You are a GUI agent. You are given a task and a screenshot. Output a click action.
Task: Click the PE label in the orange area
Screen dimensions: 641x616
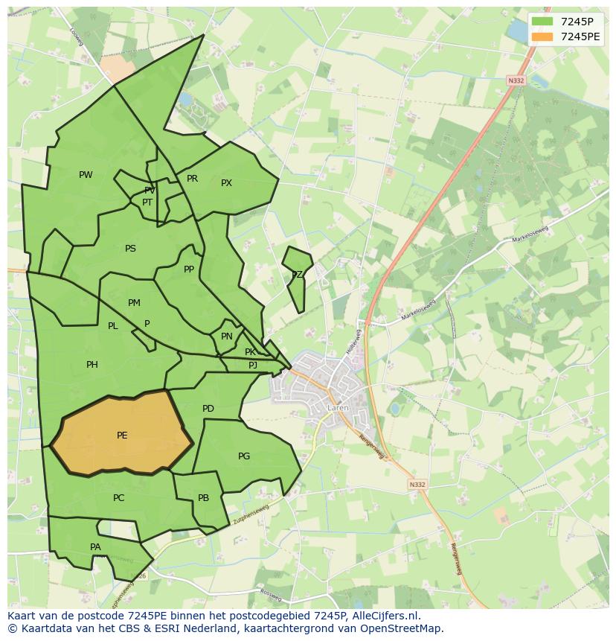[x=122, y=436]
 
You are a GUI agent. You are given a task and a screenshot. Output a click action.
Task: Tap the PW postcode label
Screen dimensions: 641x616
[x=86, y=175]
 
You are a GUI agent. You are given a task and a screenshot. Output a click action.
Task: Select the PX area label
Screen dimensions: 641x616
[x=226, y=183]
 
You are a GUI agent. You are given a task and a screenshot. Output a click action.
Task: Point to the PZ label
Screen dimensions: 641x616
[x=297, y=275]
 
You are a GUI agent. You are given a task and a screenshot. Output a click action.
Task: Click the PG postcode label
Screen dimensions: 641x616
[x=244, y=456]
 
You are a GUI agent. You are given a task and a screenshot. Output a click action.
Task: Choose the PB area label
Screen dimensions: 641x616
[x=203, y=498]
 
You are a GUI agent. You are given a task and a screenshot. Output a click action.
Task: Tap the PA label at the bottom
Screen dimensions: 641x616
[x=95, y=547]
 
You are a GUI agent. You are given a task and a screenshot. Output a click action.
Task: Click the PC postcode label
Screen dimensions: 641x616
[x=118, y=498]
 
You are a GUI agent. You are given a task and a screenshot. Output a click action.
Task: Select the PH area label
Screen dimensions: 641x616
[x=92, y=365]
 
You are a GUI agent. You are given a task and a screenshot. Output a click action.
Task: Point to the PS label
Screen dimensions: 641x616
[x=130, y=249]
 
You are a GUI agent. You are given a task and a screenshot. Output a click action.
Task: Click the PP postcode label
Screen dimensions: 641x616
[x=189, y=270]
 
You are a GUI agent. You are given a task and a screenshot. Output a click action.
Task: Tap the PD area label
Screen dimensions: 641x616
[x=208, y=409]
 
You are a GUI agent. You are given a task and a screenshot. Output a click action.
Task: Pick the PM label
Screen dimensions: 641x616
[x=134, y=303]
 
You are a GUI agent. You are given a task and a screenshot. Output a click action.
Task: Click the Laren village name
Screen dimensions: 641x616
[x=337, y=408]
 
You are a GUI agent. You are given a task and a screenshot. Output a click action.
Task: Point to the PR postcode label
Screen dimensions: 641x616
[x=192, y=179]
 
